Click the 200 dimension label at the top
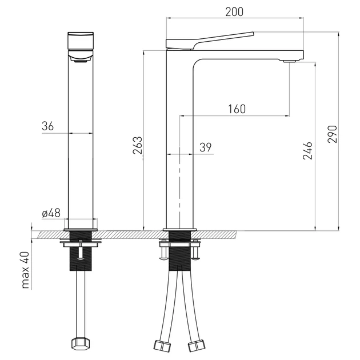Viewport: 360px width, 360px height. [x=234, y=12]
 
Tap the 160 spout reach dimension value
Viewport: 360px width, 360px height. [x=237, y=109]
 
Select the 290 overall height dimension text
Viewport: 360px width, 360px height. [x=333, y=134]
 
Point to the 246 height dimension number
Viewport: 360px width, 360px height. [x=307, y=151]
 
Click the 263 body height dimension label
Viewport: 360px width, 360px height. [x=138, y=145]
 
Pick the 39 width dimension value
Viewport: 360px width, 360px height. [x=206, y=147]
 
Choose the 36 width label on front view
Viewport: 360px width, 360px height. [x=48, y=126]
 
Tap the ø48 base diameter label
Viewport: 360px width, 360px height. [x=51, y=213]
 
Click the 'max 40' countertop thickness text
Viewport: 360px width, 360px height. [x=26, y=270]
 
